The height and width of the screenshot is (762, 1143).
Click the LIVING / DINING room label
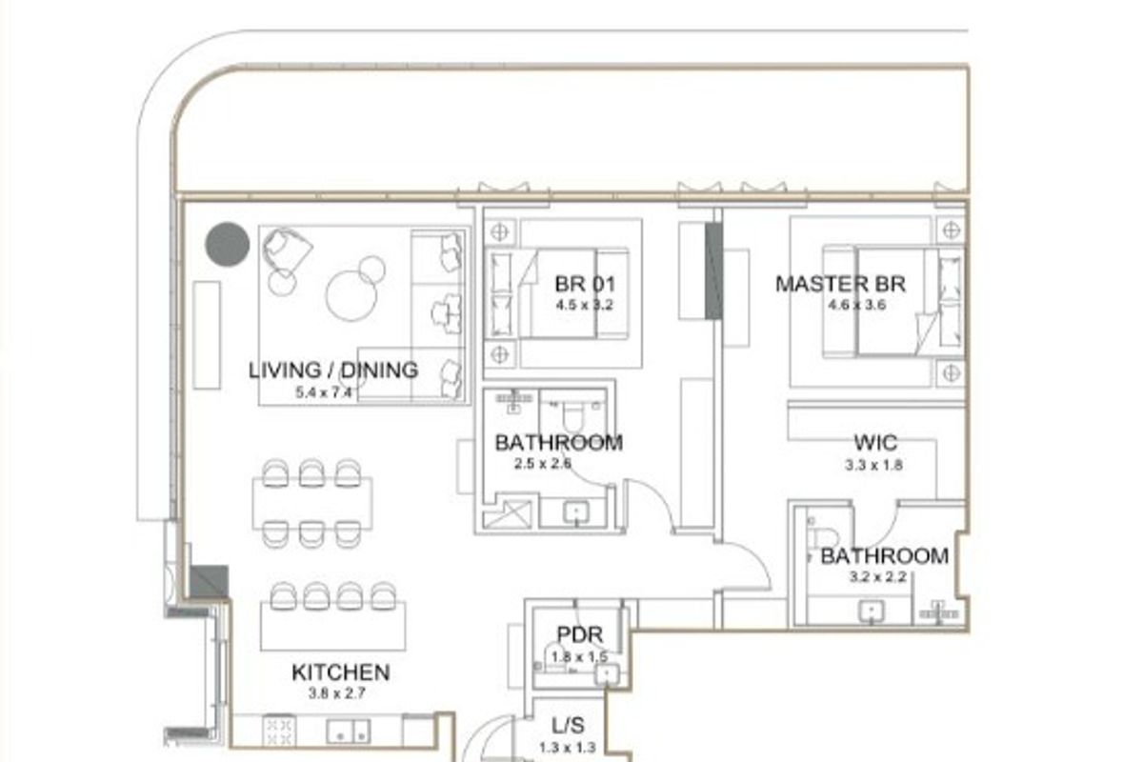(x=332, y=370)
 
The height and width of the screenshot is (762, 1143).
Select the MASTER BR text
(x=840, y=284)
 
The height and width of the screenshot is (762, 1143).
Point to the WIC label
(x=874, y=443)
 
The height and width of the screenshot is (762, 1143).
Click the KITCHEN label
(x=340, y=672)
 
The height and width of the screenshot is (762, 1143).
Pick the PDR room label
(x=579, y=636)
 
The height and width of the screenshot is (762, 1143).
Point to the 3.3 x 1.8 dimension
(x=874, y=466)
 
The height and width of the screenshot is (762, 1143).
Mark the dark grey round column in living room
(x=228, y=244)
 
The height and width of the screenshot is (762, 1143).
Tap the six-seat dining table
(x=312, y=503)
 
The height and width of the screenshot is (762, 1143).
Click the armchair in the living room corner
(x=288, y=251)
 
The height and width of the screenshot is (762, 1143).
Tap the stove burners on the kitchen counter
(x=279, y=730)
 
